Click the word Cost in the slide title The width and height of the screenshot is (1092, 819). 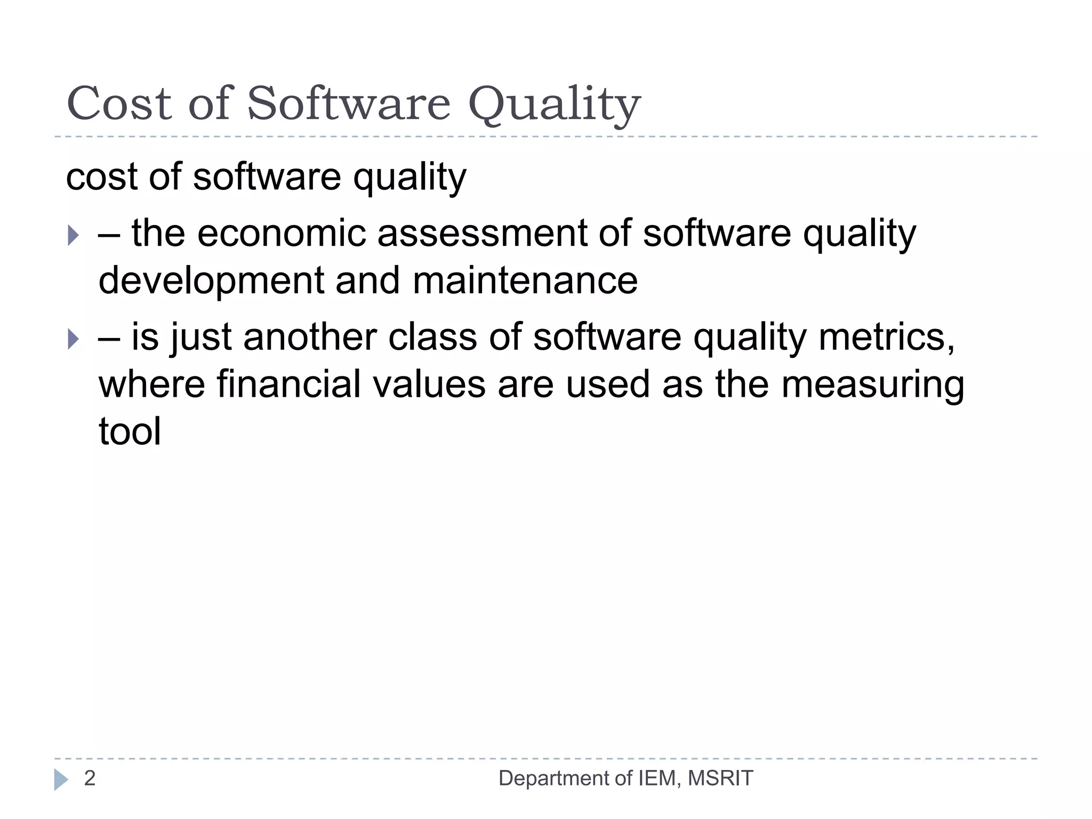pyautogui.click(x=119, y=103)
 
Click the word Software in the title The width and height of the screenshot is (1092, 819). pyautogui.click(x=349, y=103)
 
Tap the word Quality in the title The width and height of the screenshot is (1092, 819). pyautogui.click(x=554, y=105)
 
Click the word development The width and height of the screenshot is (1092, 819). pyautogui.click(x=211, y=282)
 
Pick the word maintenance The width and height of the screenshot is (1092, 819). pyautogui.click(x=525, y=280)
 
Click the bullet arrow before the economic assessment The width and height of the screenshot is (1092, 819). pyautogui.click(x=74, y=235)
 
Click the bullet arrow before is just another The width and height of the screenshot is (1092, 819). pyautogui.click(x=74, y=339)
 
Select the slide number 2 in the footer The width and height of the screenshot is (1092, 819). pyautogui.click(x=90, y=778)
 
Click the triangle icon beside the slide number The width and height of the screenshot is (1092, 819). pyautogui.click(x=61, y=780)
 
